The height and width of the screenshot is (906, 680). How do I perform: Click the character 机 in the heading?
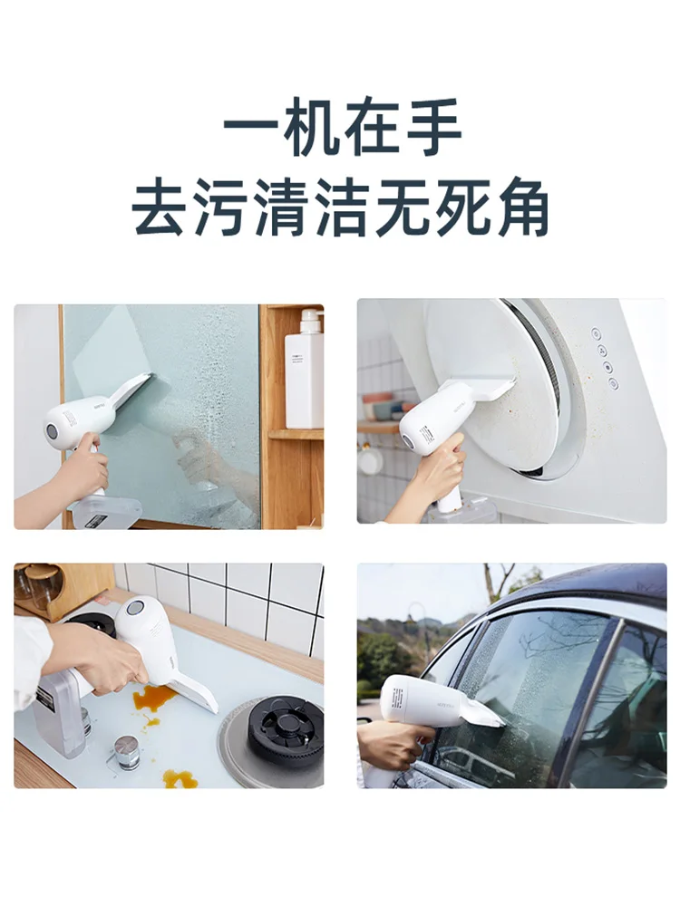[x=309, y=128]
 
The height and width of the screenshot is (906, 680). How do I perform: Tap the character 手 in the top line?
[x=432, y=128]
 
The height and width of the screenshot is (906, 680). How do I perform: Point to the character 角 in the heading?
[x=520, y=207]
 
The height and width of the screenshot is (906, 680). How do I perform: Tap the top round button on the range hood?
[x=596, y=333]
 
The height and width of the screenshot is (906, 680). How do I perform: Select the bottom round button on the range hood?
[x=613, y=382]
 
